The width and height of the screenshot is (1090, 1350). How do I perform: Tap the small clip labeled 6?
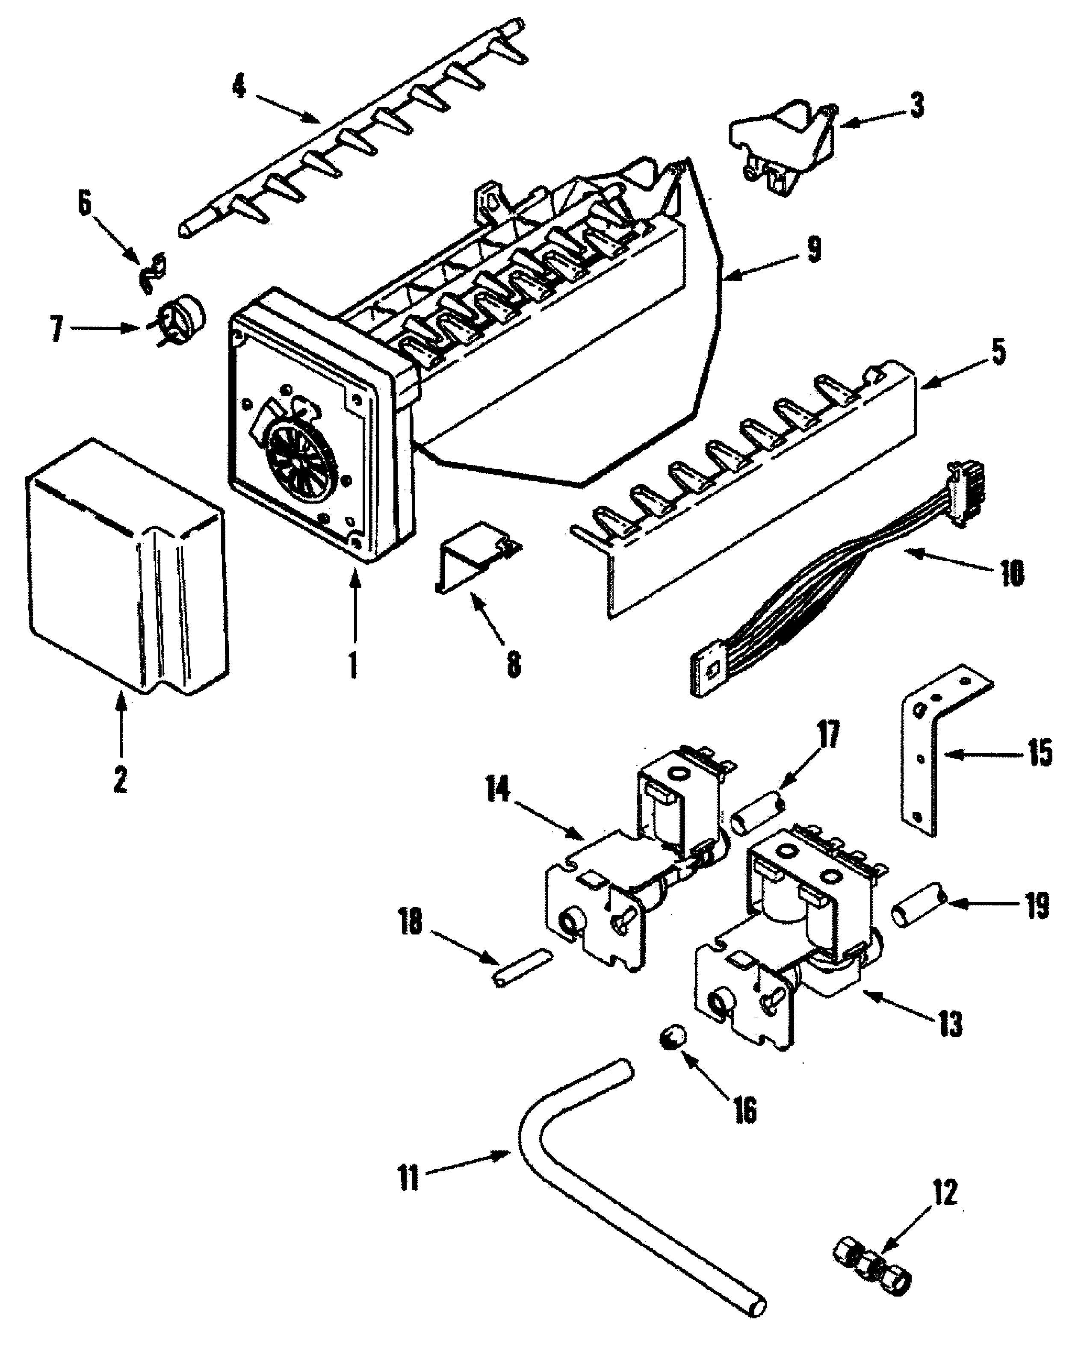(153, 272)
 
